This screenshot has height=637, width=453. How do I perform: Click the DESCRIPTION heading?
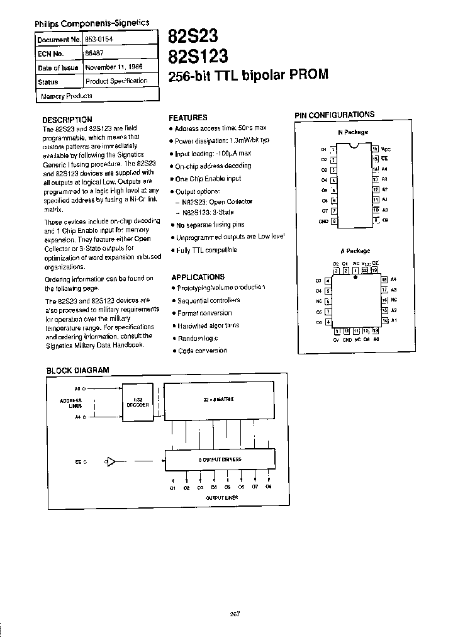[67, 120]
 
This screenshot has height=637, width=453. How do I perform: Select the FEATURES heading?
[188, 118]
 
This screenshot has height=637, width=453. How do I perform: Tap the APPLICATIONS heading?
[198, 276]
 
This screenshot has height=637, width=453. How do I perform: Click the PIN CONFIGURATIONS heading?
[335, 115]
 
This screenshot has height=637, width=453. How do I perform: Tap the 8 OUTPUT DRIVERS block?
[220, 459]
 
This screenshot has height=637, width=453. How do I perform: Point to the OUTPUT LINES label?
[219, 497]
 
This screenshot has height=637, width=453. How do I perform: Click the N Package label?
[353, 132]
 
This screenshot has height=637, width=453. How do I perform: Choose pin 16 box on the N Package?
[375, 149]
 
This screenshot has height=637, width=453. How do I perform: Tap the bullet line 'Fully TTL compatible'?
[206, 250]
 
